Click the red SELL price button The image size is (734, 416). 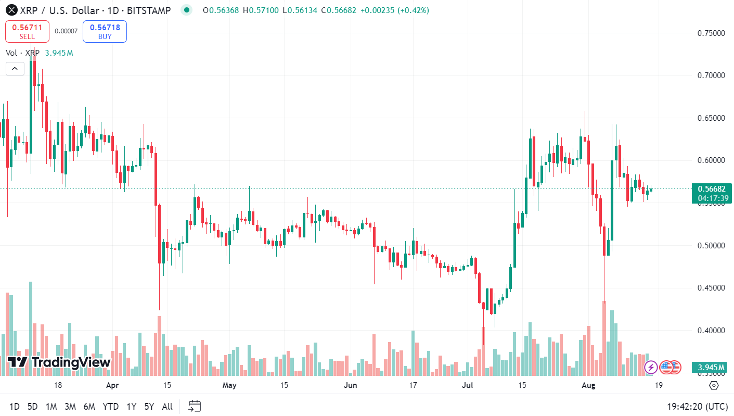point(27,31)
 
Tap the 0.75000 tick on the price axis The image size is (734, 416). point(711,33)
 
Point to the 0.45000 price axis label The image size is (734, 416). point(711,288)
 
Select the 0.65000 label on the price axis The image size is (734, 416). point(711,118)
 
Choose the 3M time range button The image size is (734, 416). point(70,406)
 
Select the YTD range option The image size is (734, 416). point(110,406)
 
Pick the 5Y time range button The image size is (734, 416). point(149,406)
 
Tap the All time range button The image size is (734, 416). point(168,406)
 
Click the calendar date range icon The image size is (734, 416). point(195,406)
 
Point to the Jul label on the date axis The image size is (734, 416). point(468,385)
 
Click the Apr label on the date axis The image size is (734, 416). point(112,385)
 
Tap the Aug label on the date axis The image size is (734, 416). point(588,385)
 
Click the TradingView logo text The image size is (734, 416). point(59,362)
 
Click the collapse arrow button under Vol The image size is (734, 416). point(15,68)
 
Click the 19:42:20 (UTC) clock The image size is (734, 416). point(697,406)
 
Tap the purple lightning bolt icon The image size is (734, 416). point(651,368)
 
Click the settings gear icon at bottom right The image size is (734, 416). point(714,385)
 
